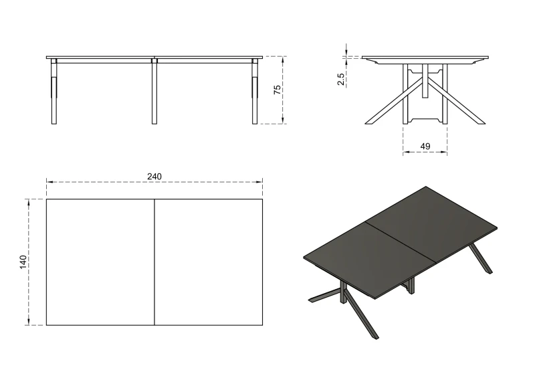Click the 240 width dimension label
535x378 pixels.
click(154, 176)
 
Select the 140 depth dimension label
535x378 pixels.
click(23, 262)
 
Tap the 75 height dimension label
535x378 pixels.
click(277, 90)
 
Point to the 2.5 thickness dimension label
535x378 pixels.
click(341, 78)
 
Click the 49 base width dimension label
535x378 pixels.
click(425, 147)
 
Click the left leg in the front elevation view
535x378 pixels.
click(55, 94)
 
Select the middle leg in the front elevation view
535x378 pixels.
click(154, 94)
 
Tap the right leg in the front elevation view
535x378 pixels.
click(255, 94)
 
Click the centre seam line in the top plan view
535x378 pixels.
click(154, 262)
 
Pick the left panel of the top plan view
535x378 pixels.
click(100, 262)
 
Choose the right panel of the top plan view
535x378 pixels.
click(209, 262)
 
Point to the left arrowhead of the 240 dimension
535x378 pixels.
click(49, 181)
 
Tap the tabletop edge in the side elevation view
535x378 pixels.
click(425, 58)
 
